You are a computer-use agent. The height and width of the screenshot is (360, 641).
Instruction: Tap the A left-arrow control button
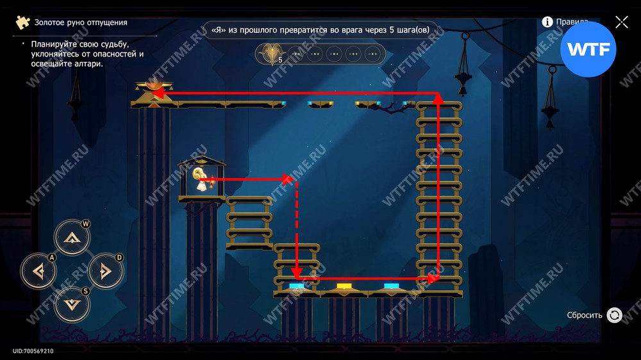click(39, 271)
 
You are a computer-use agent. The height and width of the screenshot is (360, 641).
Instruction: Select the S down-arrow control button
click(72, 304)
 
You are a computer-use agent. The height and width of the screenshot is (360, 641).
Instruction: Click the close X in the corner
click(621, 22)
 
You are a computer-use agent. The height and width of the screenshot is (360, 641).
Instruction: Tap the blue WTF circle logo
click(588, 49)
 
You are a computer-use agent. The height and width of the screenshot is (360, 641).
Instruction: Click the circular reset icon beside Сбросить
click(614, 315)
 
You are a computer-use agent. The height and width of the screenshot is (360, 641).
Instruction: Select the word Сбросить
click(584, 315)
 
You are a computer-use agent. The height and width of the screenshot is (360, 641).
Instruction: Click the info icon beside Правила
click(547, 22)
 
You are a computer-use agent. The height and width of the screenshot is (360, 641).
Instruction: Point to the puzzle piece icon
click(23, 22)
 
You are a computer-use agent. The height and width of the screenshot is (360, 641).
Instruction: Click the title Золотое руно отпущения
click(81, 22)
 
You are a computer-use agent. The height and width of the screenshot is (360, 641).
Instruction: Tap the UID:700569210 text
click(33, 351)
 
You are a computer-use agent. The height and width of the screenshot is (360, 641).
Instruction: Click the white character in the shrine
click(201, 180)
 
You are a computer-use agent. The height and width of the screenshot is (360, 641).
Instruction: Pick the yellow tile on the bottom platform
click(344, 286)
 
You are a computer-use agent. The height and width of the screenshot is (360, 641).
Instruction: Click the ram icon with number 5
click(271, 54)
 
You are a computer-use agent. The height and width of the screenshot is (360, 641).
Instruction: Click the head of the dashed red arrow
click(296, 273)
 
